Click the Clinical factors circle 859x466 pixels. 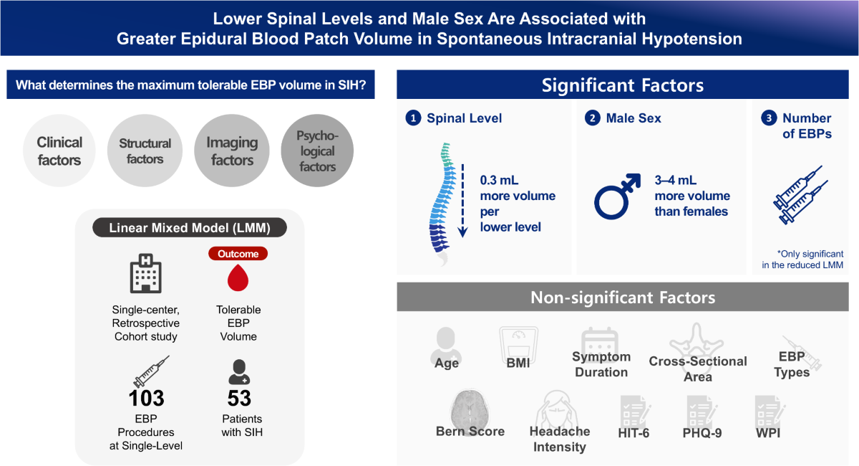pos(59,151)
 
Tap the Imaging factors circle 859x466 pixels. pos(232,151)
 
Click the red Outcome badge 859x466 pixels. pos(238,254)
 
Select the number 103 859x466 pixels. pos(146,397)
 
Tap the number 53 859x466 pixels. pos(238,397)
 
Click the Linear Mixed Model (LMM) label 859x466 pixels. pos(189,229)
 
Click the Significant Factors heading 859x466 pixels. pos(622,86)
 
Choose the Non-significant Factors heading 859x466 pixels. pos(622,298)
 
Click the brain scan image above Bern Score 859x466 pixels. pos(470,407)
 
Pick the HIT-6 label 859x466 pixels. pos(634,432)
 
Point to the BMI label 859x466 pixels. pos(518,363)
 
